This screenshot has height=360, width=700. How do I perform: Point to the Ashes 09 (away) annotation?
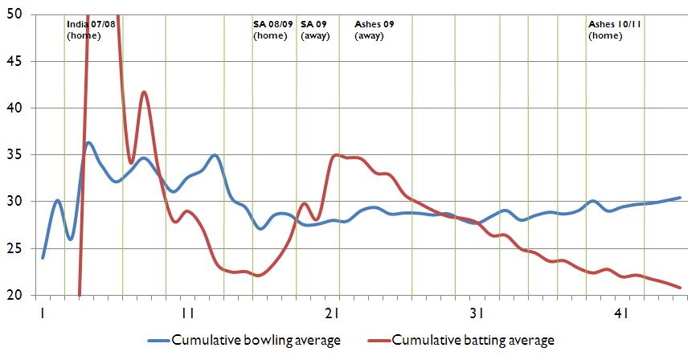tap(374, 30)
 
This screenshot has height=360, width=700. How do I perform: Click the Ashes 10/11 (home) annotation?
tap(614, 30)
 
